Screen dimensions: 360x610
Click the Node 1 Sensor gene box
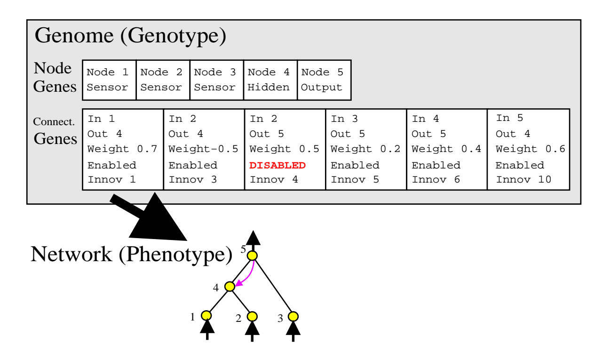(109, 80)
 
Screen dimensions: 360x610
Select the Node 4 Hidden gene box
(270, 80)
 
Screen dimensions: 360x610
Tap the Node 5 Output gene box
(324, 80)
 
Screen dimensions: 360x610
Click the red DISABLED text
(277, 165)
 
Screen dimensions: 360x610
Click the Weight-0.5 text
(203, 149)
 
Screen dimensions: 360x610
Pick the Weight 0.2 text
(365, 149)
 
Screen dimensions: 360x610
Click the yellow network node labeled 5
(253, 256)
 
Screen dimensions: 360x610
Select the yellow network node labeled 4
(230, 286)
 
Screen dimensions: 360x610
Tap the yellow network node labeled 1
(206, 315)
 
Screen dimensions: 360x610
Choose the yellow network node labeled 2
(252, 316)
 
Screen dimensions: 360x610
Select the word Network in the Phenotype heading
(71, 254)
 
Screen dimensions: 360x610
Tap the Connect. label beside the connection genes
(54, 122)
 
